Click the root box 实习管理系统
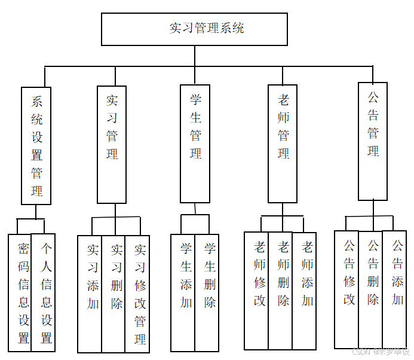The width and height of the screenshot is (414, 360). pyautogui.click(x=194, y=29)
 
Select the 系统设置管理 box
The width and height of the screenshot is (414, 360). pyautogui.click(x=36, y=147)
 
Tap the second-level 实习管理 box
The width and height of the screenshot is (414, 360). pyautogui.click(x=112, y=144)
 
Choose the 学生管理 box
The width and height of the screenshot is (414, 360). pyautogui.click(x=195, y=144)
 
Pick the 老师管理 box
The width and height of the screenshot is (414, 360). pyautogui.click(x=283, y=144)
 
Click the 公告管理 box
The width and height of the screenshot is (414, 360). pyautogui.click(x=373, y=141)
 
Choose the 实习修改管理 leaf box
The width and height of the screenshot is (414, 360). pyautogui.click(x=137, y=294)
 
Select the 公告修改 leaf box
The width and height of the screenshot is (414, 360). pyautogui.click(x=346, y=289)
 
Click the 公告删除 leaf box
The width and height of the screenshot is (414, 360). pyautogui.click(x=370, y=289)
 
